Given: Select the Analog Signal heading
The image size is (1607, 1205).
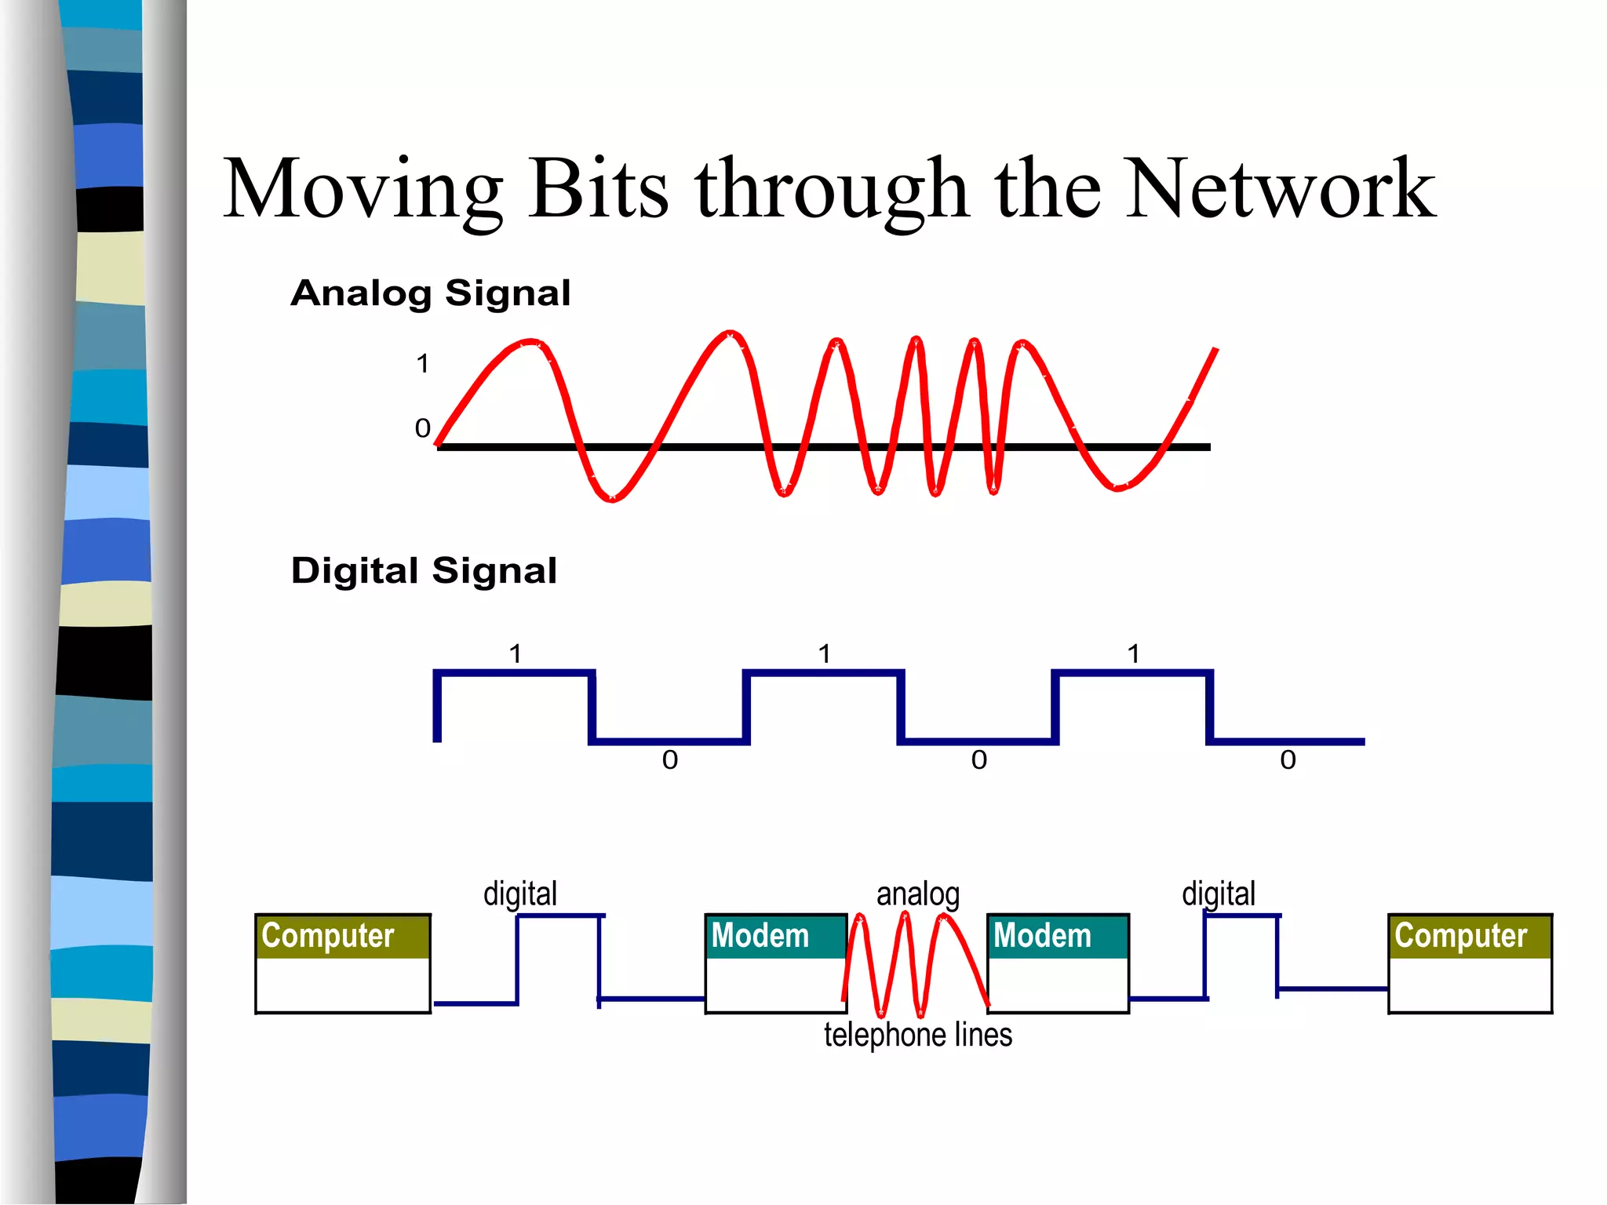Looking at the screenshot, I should click(x=430, y=293).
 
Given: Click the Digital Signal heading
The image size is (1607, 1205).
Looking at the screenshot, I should click(x=424, y=570).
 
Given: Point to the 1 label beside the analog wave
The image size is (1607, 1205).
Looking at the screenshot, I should click(x=423, y=364).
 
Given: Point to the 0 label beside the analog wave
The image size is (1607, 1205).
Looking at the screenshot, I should click(x=422, y=428).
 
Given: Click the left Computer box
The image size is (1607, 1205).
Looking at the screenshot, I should click(x=343, y=963).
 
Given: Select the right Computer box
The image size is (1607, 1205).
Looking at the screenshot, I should click(x=1470, y=963).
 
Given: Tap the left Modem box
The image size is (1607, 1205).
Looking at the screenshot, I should click(x=775, y=963).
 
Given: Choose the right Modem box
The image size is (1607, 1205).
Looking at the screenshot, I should click(x=1058, y=963).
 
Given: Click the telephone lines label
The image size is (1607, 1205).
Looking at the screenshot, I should click(x=917, y=1035).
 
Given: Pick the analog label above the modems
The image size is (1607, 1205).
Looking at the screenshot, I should click(x=917, y=894).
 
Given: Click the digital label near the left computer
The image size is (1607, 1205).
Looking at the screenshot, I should click(x=520, y=894).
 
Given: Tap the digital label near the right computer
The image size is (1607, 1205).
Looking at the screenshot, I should click(x=1219, y=894).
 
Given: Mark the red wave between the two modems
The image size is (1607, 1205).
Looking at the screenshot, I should click(x=916, y=965).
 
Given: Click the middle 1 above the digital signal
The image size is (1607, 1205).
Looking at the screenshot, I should click(x=825, y=653).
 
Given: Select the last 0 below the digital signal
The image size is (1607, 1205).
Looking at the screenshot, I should click(x=1288, y=759).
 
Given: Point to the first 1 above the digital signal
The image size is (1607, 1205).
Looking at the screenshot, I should click(x=516, y=653).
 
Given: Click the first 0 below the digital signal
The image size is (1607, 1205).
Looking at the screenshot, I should click(x=669, y=759).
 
